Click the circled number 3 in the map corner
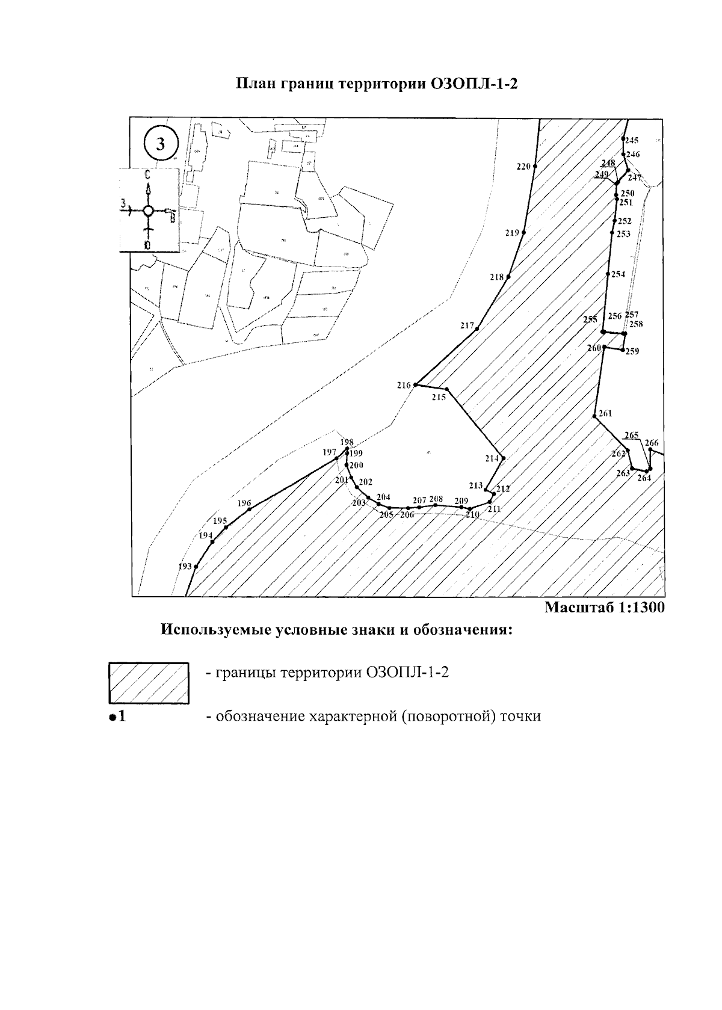161,144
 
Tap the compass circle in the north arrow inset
148,211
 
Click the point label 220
523,167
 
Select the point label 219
512,233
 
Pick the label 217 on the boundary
467,325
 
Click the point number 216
404,385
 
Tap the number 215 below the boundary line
439,398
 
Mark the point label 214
492,458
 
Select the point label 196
244,503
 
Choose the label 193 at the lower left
185,567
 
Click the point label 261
605,413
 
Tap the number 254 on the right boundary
619,274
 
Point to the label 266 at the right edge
652,443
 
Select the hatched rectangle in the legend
149,683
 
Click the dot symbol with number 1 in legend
117,716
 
